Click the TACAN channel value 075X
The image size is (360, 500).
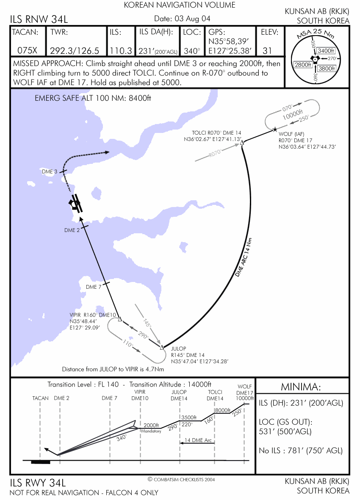(x=27, y=50)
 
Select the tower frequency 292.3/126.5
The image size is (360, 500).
(x=75, y=50)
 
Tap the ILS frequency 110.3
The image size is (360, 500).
(x=121, y=50)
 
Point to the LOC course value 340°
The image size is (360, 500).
(x=192, y=50)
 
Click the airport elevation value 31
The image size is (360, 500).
(x=267, y=50)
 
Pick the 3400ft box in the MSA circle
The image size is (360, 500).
(x=326, y=51)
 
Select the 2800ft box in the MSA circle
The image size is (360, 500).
(x=302, y=65)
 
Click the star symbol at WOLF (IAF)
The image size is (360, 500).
(x=275, y=129)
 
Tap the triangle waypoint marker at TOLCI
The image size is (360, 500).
(x=242, y=143)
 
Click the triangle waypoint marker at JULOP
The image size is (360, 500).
(x=162, y=347)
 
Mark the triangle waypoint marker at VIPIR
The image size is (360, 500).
(x=120, y=319)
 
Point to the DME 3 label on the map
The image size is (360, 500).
(x=50, y=171)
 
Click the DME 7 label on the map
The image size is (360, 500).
(x=94, y=287)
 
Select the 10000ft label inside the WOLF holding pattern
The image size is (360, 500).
(x=292, y=114)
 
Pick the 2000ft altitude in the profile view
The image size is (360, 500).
(x=151, y=425)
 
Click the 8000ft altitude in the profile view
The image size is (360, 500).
(x=223, y=410)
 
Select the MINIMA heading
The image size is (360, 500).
(x=301, y=387)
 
